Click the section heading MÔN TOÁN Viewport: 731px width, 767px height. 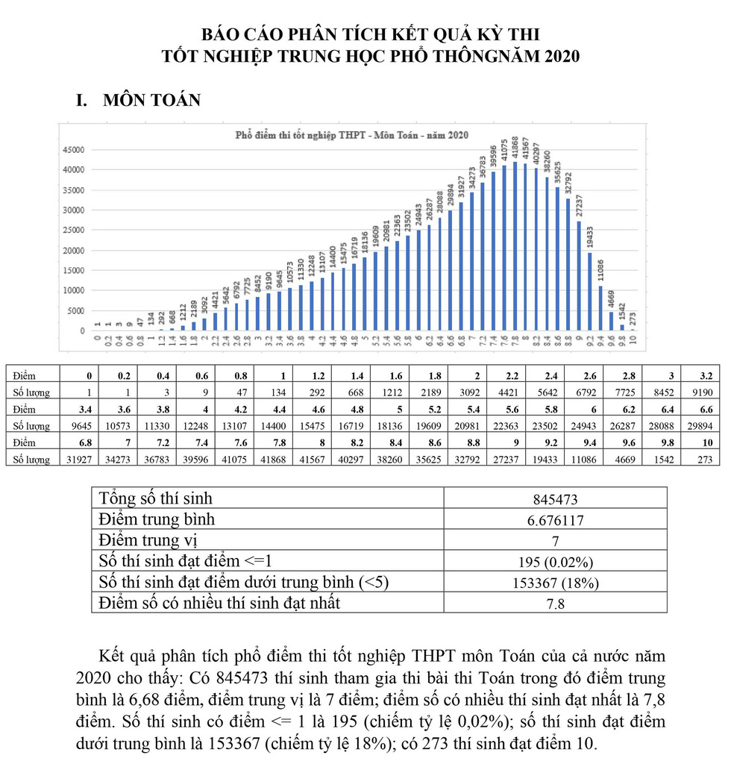pyautogui.click(x=151, y=100)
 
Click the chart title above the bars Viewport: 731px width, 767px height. pyautogui.click(x=351, y=135)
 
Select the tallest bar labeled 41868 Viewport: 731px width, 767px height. pyautogui.click(x=515, y=246)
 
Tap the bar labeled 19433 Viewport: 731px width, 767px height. pyautogui.click(x=590, y=292)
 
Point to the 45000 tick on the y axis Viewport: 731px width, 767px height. pyautogui.click(x=73, y=149)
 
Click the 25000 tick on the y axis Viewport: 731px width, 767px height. pyautogui.click(x=73, y=230)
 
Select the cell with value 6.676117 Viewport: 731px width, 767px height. pyautogui.click(x=555, y=521)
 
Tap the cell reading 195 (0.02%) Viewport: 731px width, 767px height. pyautogui.click(x=555, y=562)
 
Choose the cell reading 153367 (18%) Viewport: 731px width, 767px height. pyautogui.click(x=555, y=583)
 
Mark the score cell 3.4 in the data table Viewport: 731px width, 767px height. pyautogui.click(x=78, y=409)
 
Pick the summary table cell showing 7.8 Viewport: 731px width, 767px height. pyautogui.click(x=555, y=604)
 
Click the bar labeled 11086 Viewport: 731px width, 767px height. pyautogui.click(x=601, y=308)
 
